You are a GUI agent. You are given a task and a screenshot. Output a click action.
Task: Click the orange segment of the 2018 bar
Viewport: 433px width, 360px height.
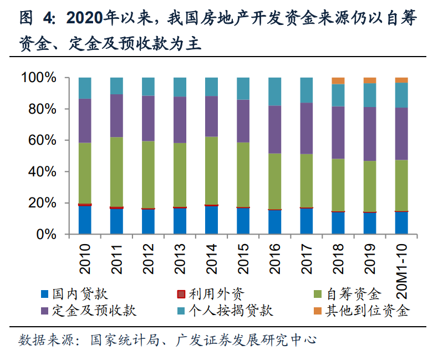click(338, 80)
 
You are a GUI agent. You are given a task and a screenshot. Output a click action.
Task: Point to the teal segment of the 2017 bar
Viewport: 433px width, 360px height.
click(307, 90)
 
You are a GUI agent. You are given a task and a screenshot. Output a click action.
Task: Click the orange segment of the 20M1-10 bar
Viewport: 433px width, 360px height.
click(401, 80)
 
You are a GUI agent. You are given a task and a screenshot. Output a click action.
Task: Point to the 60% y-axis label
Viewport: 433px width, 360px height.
click(42, 140)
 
